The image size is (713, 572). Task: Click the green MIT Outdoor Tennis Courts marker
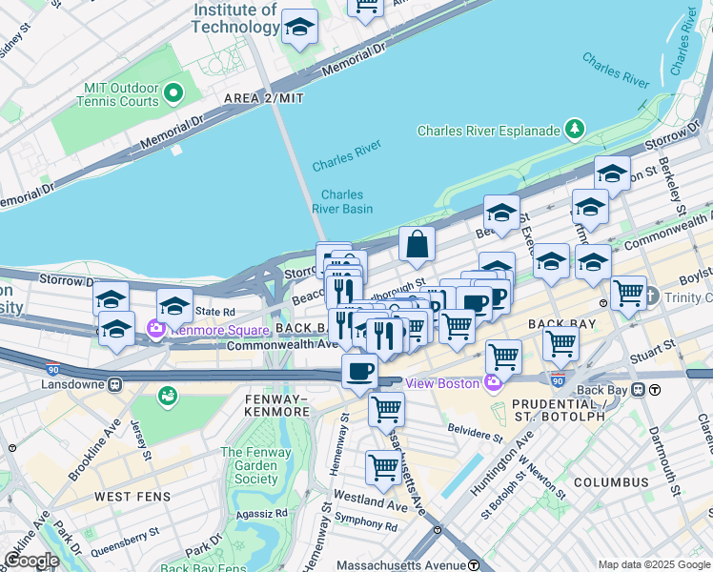click(173, 93)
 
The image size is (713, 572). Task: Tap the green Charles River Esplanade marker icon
click(574, 128)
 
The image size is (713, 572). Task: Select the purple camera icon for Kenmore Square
click(155, 330)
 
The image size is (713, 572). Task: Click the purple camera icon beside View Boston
click(493, 383)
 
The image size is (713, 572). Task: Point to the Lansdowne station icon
click(114, 385)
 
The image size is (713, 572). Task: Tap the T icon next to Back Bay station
click(655, 390)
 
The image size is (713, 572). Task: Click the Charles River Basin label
click(341, 201)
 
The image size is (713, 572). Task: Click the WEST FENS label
click(133, 497)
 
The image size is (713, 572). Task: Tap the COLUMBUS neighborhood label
click(610, 482)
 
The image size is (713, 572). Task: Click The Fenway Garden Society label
click(250, 465)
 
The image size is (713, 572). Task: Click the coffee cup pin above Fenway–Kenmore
click(359, 370)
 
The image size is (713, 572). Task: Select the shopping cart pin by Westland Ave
click(383, 467)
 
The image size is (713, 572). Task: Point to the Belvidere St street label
click(473, 436)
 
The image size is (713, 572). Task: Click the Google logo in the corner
click(31, 561)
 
